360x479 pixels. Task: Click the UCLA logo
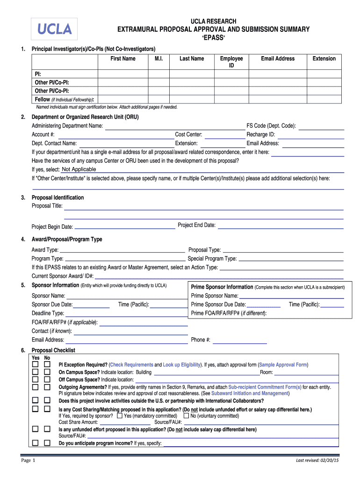click(x=54, y=29)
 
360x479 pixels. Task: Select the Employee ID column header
click(x=231, y=62)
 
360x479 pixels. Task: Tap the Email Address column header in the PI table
click(x=278, y=58)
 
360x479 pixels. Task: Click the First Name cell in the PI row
click(x=122, y=74)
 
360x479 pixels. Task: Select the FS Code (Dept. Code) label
click(x=271, y=126)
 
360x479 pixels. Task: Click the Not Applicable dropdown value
click(x=79, y=169)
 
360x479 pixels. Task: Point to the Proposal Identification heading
click(x=58, y=197)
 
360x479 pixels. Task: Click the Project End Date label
click(x=196, y=225)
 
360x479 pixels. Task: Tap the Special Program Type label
click(x=212, y=258)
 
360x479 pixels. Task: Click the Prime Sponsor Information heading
click(x=222, y=287)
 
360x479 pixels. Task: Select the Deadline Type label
click(x=48, y=313)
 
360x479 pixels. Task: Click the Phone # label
click(x=201, y=340)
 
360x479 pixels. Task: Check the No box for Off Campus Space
click(x=47, y=379)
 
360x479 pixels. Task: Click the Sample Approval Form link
click(x=283, y=365)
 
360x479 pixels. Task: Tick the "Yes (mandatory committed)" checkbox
click(x=120, y=415)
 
